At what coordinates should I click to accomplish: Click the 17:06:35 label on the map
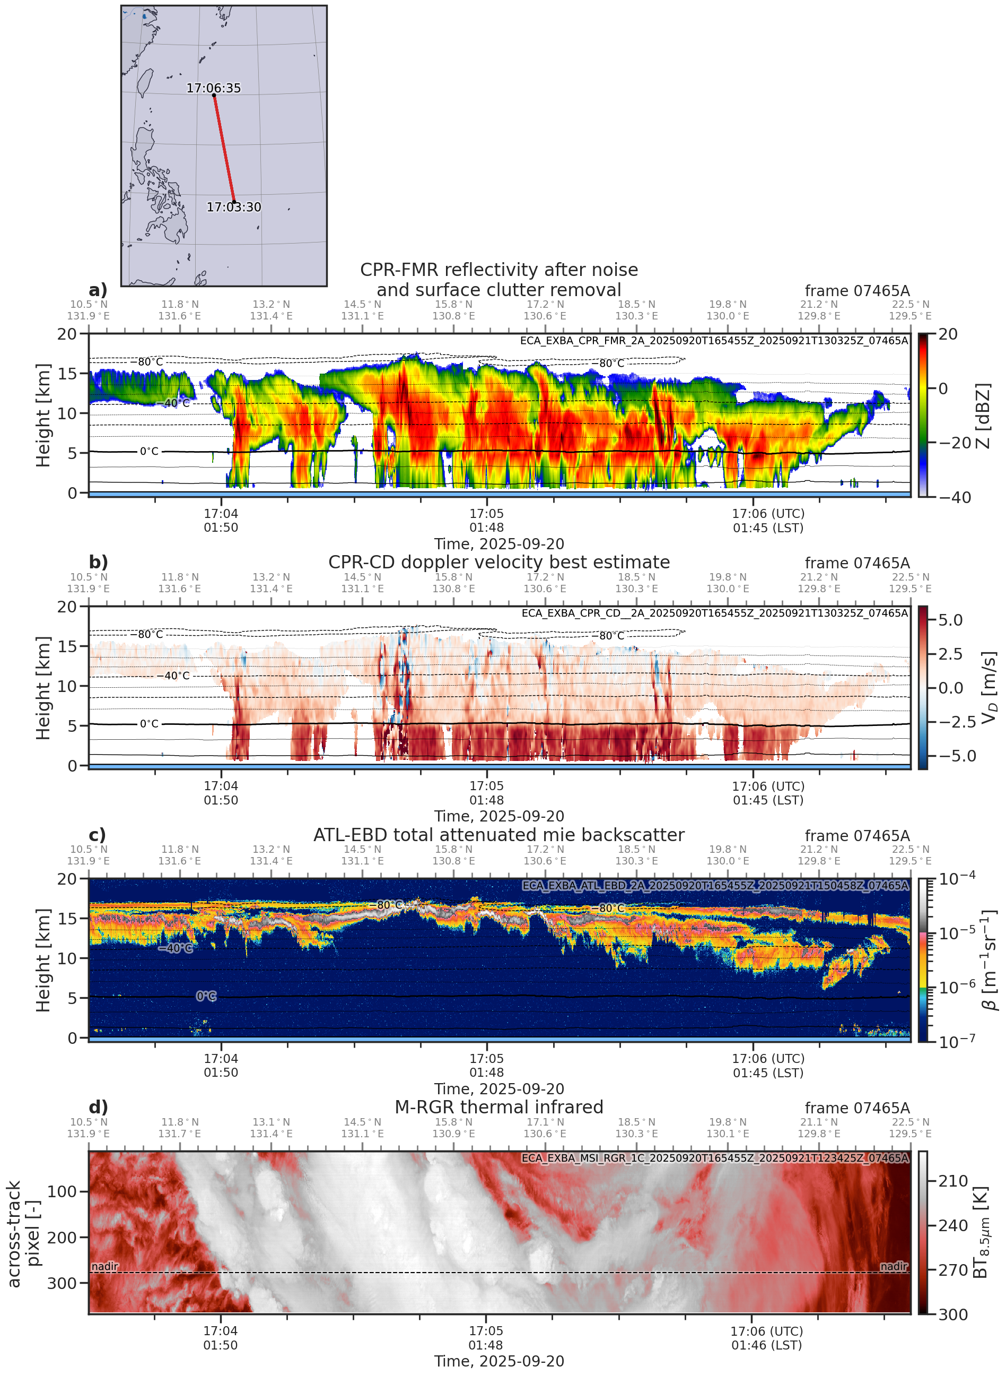click(213, 88)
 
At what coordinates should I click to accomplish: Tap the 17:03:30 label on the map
click(233, 207)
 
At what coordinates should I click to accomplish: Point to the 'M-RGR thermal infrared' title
click(498, 1107)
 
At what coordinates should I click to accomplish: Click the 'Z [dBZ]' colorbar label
click(983, 416)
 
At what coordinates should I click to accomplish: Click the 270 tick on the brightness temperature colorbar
click(953, 1270)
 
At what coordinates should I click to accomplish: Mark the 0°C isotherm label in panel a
click(149, 452)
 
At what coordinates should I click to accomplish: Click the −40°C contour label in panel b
click(177, 676)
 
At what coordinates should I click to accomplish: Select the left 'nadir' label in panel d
click(105, 1267)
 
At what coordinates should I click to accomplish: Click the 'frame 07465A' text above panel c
click(857, 836)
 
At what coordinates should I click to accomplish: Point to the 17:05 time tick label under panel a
click(486, 514)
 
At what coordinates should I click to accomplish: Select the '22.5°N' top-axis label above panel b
click(910, 577)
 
